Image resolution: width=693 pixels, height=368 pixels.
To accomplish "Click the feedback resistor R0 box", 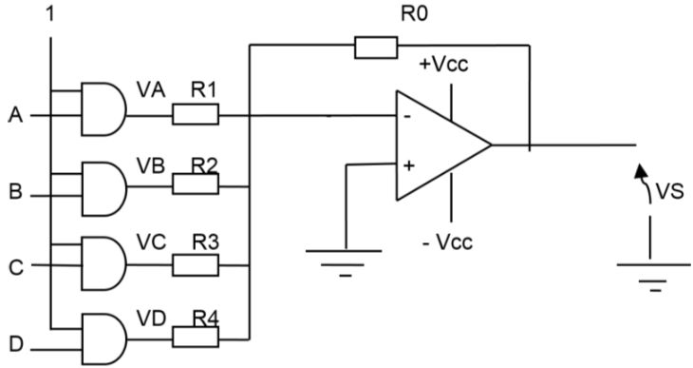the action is click(x=376, y=48).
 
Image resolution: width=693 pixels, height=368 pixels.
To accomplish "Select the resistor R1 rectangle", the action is click(x=196, y=114).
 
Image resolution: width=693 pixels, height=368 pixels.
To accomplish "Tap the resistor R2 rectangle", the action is click(x=196, y=184).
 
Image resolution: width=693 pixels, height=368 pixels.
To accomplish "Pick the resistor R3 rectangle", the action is click(x=196, y=265).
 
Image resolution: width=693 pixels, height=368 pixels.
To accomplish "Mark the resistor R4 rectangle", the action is click(x=196, y=337).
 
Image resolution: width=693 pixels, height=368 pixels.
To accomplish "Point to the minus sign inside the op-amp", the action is click(x=408, y=117).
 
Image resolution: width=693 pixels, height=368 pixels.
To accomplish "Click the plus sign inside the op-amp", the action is click(x=409, y=166).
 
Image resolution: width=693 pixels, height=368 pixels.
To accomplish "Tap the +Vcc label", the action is click(x=443, y=65).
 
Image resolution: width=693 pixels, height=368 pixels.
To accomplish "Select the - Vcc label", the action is click(x=448, y=242).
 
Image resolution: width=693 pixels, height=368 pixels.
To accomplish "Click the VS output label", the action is click(x=669, y=192).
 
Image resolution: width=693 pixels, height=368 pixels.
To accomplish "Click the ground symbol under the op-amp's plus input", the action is click(x=344, y=263).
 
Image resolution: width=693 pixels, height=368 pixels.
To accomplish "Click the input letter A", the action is click(x=15, y=116).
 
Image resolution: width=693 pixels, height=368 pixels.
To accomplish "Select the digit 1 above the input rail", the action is click(x=50, y=14).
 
